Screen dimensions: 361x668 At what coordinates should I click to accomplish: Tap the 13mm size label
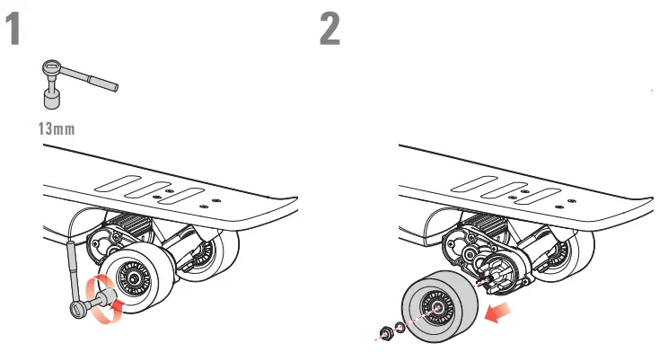(55, 128)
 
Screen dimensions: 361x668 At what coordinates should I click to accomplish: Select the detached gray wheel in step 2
(440, 308)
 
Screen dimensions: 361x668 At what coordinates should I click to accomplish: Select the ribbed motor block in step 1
(126, 228)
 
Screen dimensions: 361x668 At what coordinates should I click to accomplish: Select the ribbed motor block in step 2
(481, 228)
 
